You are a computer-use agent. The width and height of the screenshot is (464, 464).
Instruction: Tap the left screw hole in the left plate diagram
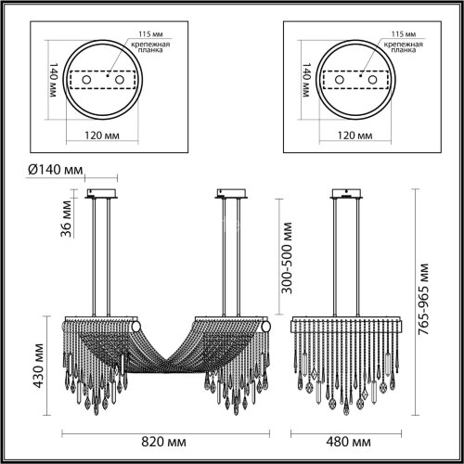(88, 82)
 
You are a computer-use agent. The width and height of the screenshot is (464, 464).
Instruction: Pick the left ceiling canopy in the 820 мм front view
(102, 195)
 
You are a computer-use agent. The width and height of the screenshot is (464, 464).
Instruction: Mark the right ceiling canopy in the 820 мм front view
(232, 195)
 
